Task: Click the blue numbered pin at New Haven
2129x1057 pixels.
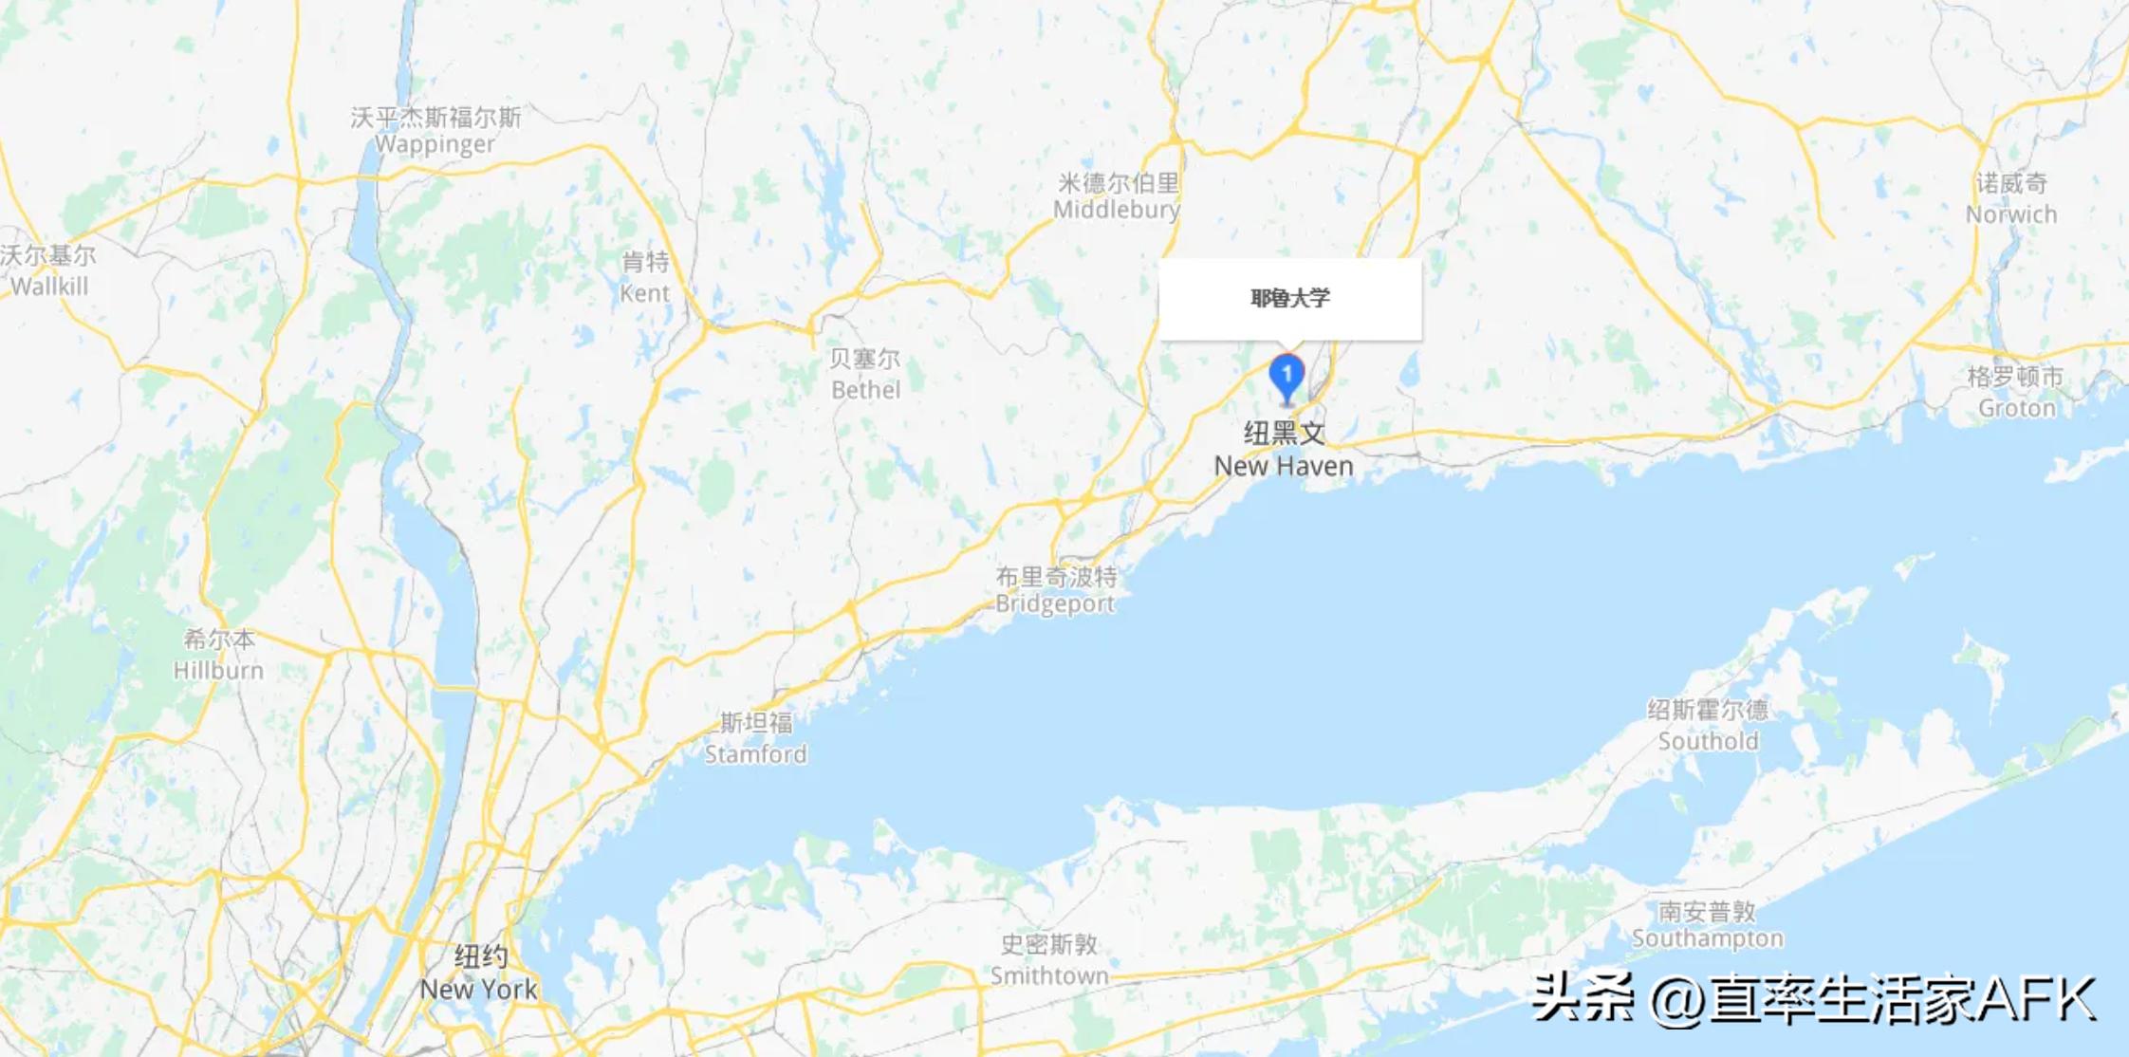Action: pos(1287,377)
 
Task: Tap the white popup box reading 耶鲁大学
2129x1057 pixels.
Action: pos(1289,298)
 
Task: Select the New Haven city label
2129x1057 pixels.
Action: pos(1284,450)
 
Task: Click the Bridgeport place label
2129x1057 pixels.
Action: pos(1055,590)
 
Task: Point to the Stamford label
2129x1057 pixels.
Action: pos(755,738)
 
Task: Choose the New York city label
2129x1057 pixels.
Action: pos(479,973)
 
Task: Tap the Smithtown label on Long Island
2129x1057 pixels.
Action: pos(1049,959)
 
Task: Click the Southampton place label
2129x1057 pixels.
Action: pos(1707,925)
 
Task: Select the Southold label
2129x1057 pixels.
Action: pos(1708,725)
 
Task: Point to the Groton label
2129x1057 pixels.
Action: pos(2016,392)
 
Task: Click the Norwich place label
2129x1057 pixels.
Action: pos(2011,198)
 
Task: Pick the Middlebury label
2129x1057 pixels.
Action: pos(1117,195)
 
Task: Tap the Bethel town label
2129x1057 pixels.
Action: pos(865,374)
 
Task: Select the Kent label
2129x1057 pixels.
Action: pos(645,277)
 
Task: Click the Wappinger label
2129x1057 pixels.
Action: pos(435,131)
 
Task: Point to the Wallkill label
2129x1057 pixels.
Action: pos(48,270)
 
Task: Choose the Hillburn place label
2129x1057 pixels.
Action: pos(218,655)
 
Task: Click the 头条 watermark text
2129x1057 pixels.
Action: pos(1583,998)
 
